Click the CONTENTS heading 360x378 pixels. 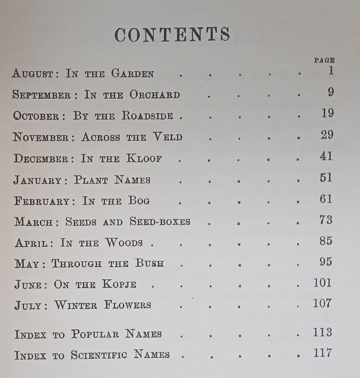pyautogui.click(x=172, y=35)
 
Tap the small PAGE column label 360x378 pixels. pyautogui.click(x=324, y=60)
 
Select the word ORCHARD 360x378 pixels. pyautogui.click(x=155, y=95)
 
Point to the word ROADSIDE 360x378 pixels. pyautogui.click(x=148, y=116)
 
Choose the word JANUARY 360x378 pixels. pyautogui.click(x=37, y=180)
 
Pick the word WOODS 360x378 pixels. pyautogui.click(x=124, y=243)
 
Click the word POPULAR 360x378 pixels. pyautogui.click(x=95, y=334)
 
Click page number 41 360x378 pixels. pyautogui.click(x=326, y=156)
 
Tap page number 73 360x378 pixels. pyautogui.click(x=326, y=220)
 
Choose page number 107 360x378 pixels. pyautogui.click(x=322, y=303)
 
